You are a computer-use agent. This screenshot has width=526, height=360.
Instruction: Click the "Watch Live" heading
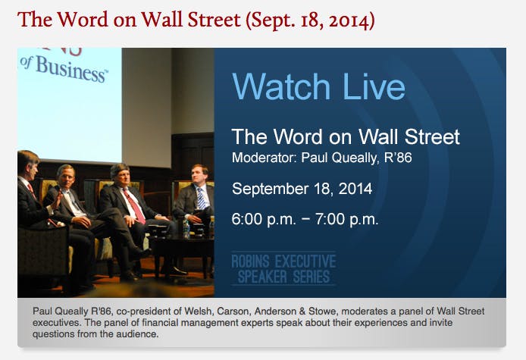coord(318,87)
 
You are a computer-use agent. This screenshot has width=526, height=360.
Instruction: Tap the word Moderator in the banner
coord(261,158)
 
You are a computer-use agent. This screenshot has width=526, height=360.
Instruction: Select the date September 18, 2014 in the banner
coord(302,189)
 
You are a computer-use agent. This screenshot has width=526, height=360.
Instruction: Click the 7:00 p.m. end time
coord(346,220)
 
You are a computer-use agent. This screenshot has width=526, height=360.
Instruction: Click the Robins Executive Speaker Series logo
coord(283,268)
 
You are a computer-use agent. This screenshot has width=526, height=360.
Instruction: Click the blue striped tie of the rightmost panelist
coord(201,198)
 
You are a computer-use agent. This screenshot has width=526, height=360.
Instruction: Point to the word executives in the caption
coord(57,323)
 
